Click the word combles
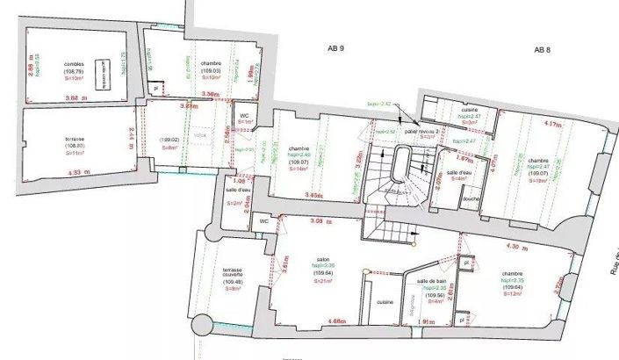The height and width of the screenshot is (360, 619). click(x=74, y=64)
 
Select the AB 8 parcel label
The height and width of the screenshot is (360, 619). click(x=542, y=49)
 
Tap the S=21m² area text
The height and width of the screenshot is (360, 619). click(x=324, y=281)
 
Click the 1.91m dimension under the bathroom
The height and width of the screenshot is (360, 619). click(x=423, y=322)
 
